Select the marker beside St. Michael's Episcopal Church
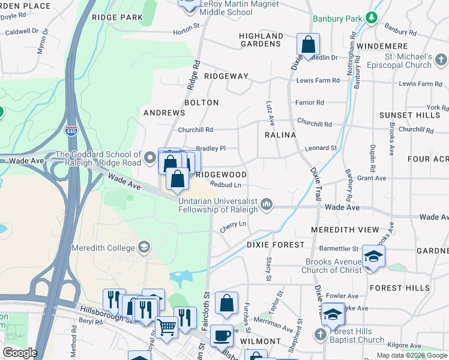tap(441, 59)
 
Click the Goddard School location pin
tap(150, 159)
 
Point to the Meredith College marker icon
tap(143, 247)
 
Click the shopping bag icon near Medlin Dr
tap(308, 44)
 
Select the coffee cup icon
tap(221, 335)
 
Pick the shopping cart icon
tap(167, 327)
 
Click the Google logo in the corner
tap(19, 353)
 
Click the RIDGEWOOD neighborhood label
tap(221, 174)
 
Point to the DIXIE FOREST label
tap(275, 245)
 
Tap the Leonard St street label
tap(321, 148)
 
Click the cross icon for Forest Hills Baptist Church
tap(321, 334)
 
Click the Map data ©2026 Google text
tap(412, 355)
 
